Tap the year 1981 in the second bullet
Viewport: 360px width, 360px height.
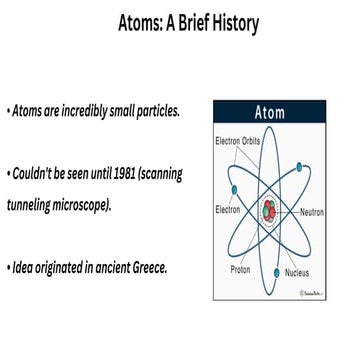(111, 174)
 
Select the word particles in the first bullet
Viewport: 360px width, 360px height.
(150, 110)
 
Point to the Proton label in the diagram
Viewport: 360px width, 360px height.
(241, 269)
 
